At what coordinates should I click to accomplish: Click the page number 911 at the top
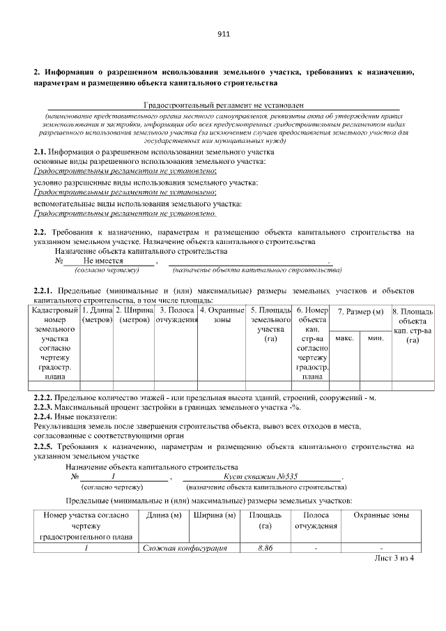point(223,34)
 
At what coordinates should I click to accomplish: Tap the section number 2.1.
point(40,152)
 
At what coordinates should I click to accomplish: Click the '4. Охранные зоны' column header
point(222,314)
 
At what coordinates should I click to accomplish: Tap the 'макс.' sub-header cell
point(345,338)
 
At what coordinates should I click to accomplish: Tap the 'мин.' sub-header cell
point(376,338)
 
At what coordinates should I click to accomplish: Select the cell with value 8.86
point(264,549)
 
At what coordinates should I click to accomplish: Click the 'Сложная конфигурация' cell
point(185,549)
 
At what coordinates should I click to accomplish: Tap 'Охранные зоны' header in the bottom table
point(380,515)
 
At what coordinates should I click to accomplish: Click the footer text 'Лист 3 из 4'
point(394,558)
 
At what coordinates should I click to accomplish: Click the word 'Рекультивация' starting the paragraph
point(59,425)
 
